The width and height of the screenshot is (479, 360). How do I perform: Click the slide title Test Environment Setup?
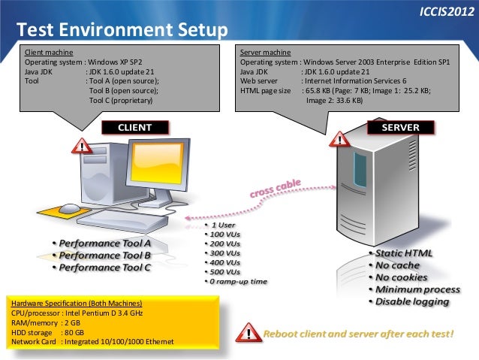coord(120,30)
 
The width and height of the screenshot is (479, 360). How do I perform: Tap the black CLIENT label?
coord(134,127)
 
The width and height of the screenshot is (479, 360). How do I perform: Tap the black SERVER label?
coord(400,128)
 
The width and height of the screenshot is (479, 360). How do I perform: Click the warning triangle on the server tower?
coord(340,139)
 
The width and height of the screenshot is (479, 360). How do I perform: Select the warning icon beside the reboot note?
coord(246,331)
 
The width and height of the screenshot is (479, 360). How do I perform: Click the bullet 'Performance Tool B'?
coord(105,256)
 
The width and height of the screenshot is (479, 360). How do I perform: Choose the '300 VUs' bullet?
coord(224,253)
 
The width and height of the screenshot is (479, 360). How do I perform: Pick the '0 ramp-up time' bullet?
coord(236,281)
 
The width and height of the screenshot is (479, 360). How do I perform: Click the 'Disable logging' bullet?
coord(412,301)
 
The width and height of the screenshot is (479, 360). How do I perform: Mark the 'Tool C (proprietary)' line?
coord(121,100)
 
